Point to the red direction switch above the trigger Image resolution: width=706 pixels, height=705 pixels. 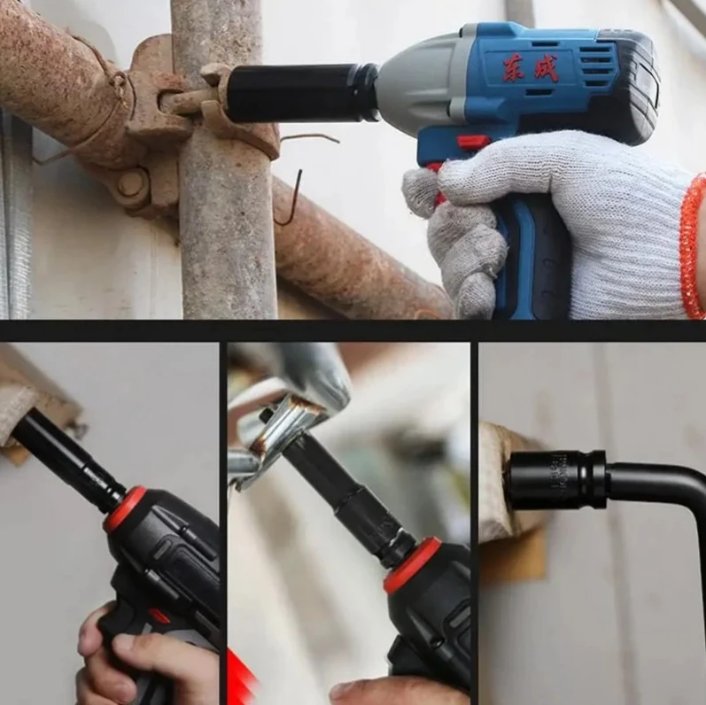[x=471, y=143]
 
